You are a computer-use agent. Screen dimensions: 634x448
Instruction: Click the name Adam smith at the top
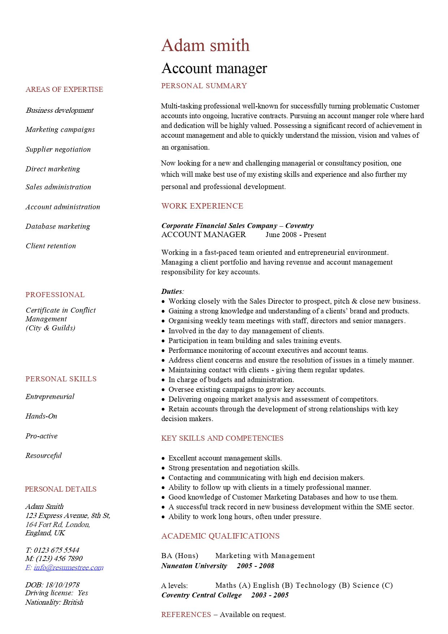(205, 46)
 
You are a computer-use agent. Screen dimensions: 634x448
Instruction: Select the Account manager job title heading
(214, 68)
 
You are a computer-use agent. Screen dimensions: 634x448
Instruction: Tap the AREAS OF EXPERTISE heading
(64, 89)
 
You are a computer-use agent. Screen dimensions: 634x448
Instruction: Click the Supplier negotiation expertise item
(58, 149)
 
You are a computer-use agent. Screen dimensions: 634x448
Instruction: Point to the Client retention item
(51, 246)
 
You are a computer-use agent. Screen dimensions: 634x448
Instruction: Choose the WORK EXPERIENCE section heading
(202, 206)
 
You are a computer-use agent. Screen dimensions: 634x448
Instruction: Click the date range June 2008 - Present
(296, 235)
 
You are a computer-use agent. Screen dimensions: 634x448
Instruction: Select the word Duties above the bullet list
(172, 291)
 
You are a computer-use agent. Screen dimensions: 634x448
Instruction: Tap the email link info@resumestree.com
(69, 567)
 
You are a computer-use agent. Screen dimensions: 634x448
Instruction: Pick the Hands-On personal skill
(42, 416)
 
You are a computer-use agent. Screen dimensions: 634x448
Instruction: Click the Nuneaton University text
(194, 566)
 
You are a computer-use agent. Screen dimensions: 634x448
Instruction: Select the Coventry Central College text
(201, 595)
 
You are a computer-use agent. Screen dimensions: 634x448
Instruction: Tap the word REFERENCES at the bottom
(186, 614)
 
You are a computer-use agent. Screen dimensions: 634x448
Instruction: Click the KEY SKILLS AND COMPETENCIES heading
(222, 438)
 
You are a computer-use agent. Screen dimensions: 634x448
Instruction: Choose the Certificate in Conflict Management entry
(61, 314)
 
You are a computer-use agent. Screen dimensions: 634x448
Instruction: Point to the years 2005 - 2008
(256, 566)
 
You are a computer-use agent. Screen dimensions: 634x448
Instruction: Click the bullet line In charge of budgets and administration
(231, 380)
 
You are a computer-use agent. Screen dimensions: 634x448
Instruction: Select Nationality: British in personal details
(55, 602)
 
